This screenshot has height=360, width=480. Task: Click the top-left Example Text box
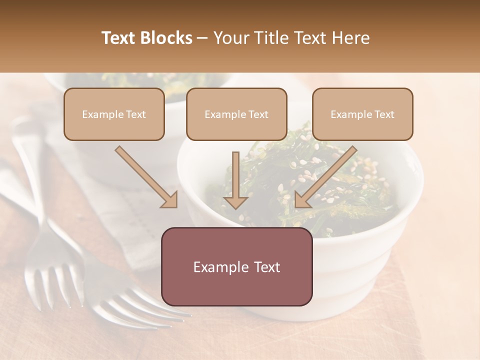[x=114, y=114]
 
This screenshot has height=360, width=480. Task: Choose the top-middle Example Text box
[x=236, y=114]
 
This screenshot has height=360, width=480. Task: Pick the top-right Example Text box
[x=362, y=114]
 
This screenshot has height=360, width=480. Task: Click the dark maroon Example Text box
[x=236, y=266]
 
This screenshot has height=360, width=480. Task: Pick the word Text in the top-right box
[x=384, y=114]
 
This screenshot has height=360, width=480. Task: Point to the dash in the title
[x=202, y=38]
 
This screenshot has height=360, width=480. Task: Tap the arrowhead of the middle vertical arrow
[x=235, y=201]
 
